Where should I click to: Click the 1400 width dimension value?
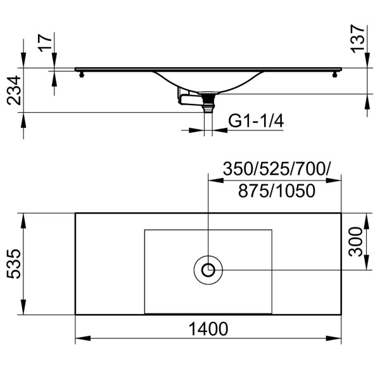[208, 329]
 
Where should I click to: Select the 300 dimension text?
[356, 241]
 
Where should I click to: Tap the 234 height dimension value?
[15, 89]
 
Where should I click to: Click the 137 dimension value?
[358, 39]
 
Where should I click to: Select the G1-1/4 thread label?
[255, 120]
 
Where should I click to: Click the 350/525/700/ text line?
[277, 169]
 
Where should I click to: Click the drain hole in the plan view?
[208, 270]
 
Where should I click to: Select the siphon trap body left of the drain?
[187, 98]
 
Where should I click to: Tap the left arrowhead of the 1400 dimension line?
[79, 339]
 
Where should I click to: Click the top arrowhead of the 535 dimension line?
[24, 217]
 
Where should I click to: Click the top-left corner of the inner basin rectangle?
[145, 230]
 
